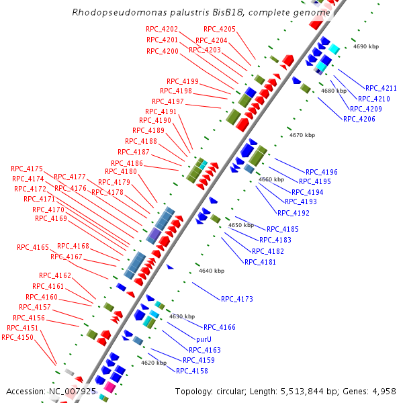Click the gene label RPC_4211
(x=381, y=88)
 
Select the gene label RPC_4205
(x=220, y=30)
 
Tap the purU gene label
(x=204, y=339)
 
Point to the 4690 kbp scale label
(x=367, y=47)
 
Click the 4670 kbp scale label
(x=302, y=135)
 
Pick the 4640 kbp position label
(x=212, y=271)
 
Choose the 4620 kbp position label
(x=153, y=363)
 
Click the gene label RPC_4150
(x=17, y=337)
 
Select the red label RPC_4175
(x=27, y=169)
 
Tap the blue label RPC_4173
(x=237, y=299)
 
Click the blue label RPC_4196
(x=322, y=172)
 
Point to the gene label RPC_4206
(x=359, y=119)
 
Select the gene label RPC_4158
(x=192, y=370)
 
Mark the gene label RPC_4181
(x=260, y=262)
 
